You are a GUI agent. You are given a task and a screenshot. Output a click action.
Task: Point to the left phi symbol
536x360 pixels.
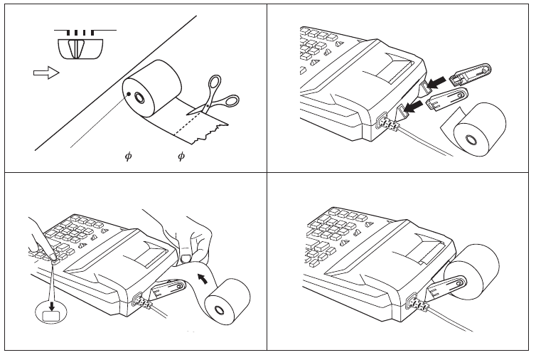click(128, 156)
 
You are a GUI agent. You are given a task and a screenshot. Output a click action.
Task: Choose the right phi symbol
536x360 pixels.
click(181, 156)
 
